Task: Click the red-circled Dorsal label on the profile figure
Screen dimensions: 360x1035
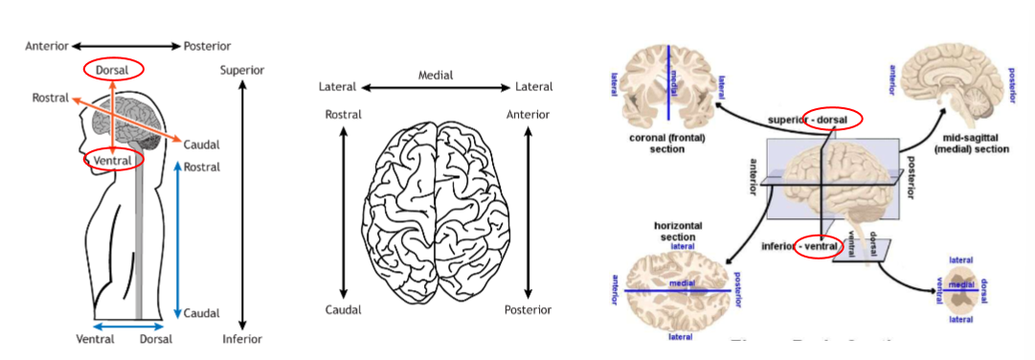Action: tap(113, 69)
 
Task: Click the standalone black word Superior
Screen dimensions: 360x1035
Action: tap(242, 70)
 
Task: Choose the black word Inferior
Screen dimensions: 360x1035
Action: tap(242, 338)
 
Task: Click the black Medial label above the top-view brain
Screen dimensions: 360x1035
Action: tap(436, 75)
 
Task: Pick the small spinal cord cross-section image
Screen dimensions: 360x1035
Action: tap(961, 290)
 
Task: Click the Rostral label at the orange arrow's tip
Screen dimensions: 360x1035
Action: tap(49, 98)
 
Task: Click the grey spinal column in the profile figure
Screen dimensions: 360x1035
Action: tap(140, 249)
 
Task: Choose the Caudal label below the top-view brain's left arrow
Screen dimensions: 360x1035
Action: tap(343, 310)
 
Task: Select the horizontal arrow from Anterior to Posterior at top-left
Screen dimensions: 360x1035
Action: tap(124, 46)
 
